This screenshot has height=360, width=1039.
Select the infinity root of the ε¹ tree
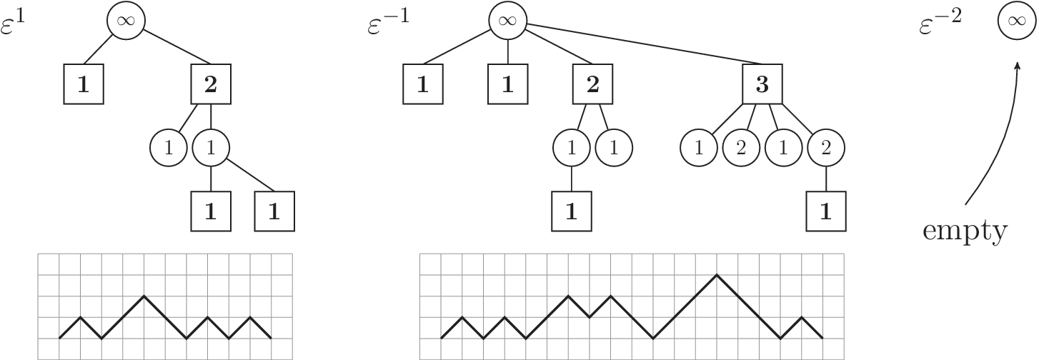(x=126, y=21)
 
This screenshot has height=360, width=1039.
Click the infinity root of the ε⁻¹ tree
(x=507, y=21)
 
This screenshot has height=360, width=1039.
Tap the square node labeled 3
(x=762, y=84)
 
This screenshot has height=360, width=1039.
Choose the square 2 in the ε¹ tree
(x=210, y=84)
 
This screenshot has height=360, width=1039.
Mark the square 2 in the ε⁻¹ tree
(x=592, y=84)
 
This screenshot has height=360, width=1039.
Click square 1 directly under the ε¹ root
(x=83, y=84)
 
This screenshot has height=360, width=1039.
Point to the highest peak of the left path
(x=144, y=296)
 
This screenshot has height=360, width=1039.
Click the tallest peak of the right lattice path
(x=717, y=274)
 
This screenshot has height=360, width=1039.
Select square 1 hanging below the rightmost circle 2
(x=826, y=211)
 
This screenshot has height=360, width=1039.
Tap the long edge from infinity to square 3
(x=643, y=44)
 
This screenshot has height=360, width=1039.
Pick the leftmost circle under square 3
(x=697, y=149)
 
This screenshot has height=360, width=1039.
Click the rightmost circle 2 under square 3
(x=826, y=149)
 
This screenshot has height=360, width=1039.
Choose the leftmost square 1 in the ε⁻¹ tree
(x=422, y=84)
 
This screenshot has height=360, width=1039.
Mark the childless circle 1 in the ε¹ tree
(x=168, y=149)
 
